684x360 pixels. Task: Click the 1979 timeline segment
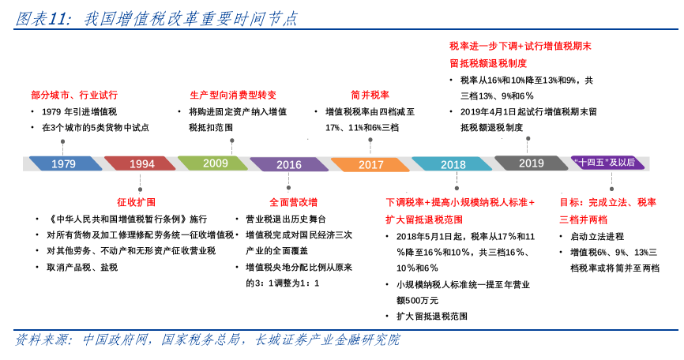coord(63,163)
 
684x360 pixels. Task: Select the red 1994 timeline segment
coord(141,163)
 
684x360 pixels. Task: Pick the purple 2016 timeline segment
coord(289,164)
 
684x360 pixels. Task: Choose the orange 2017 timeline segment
coord(370,164)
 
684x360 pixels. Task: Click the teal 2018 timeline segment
coord(453,164)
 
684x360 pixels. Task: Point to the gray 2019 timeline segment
coord(531,163)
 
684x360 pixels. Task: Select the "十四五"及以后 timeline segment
coord(607,163)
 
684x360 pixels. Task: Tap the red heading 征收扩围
coord(136,201)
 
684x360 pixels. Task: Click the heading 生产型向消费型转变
coord(233,94)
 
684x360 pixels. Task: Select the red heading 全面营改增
coord(293,201)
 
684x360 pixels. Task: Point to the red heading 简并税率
coord(370,94)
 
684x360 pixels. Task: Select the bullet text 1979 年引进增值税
coord(79,111)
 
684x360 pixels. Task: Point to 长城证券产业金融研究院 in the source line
coord(327,340)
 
